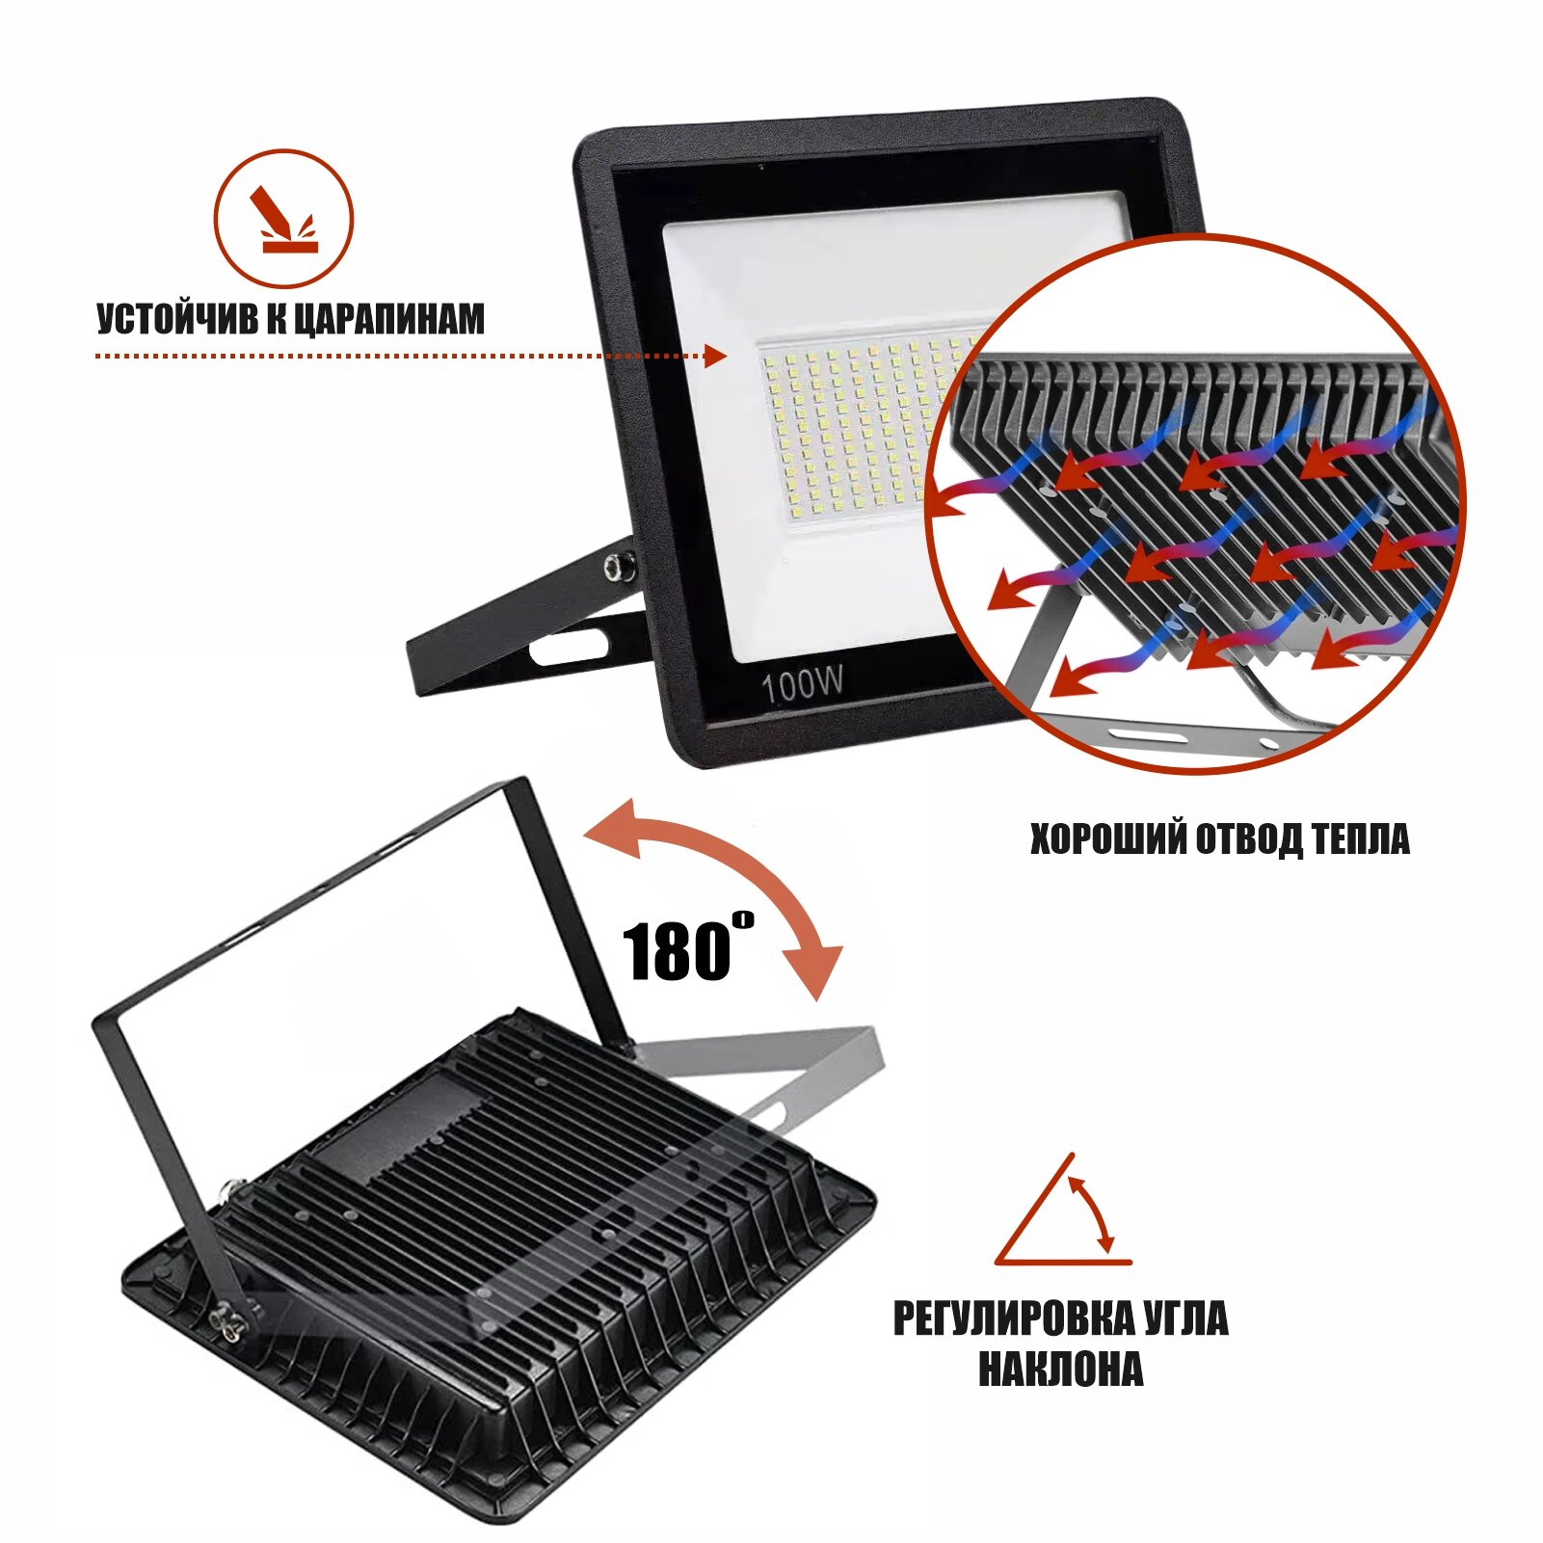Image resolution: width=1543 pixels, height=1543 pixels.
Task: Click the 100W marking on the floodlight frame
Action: [x=802, y=685]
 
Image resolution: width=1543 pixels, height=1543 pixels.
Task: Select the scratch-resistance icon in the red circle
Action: [x=283, y=219]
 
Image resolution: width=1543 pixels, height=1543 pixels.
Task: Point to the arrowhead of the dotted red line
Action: [x=715, y=356]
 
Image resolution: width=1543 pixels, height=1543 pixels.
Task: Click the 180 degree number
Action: [x=678, y=951]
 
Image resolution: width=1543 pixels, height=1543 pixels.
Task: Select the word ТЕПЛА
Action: [x=1361, y=839]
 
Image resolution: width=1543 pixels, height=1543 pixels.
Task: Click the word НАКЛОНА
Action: [x=1060, y=1370]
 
